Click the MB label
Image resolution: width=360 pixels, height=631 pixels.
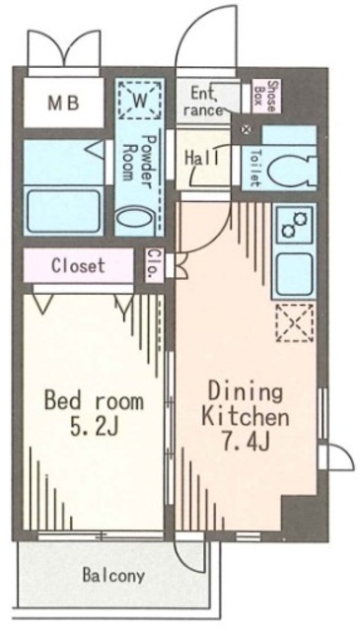[64, 104]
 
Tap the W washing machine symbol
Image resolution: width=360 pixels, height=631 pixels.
[140, 100]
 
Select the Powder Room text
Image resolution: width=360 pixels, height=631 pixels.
[139, 162]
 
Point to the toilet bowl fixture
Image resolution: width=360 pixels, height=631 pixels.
[290, 169]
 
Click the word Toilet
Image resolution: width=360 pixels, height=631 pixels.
[254, 168]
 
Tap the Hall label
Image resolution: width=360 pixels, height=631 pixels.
[202, 158]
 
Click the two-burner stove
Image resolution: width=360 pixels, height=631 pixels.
[294, 225]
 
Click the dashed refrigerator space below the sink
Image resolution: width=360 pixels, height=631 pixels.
[294, 322]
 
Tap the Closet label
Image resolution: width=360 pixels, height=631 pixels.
[78, 265]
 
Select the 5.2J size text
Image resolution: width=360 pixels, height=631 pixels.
[94, 428]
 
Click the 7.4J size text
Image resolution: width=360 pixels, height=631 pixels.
[245, 442]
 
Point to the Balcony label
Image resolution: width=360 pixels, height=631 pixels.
[113, 576]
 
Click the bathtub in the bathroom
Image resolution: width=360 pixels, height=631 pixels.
[64, 210]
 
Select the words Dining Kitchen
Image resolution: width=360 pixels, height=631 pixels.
[246, 405]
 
